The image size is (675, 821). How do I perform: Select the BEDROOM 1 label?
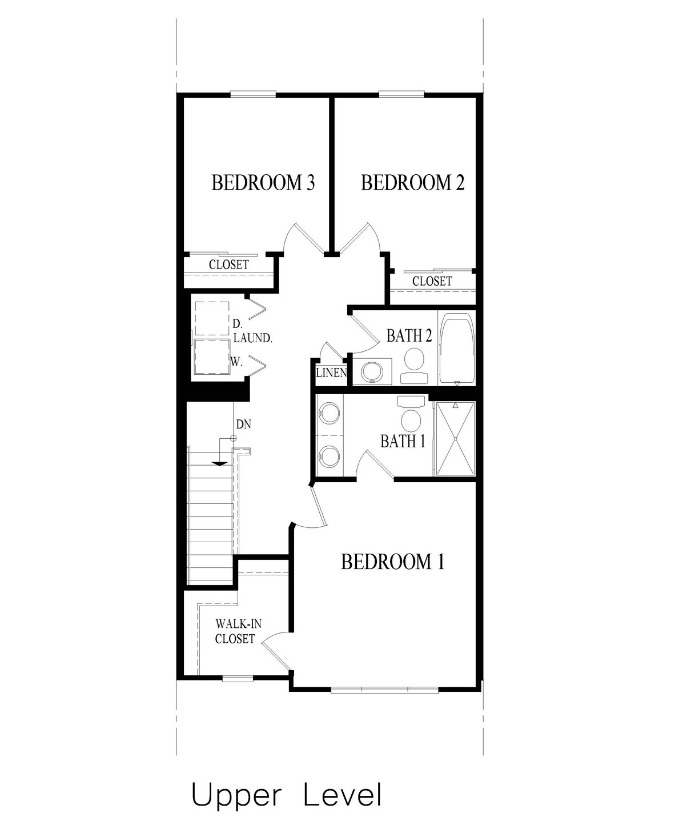click(x=392, y=562)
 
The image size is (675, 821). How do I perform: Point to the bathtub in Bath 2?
click(x=457, y=347)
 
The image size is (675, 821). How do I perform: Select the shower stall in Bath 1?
click(x=455, y=438)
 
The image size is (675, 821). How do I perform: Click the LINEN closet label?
click(x=331, y=374)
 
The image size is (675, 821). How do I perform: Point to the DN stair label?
click(x=243, y=424)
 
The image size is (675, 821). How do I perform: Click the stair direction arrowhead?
click(x=218, y=463)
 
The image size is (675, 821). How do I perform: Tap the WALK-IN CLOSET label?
click(x=235, y=631)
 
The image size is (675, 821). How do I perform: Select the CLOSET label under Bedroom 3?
click(x=228, y=265)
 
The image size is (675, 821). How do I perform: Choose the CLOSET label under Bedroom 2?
click(x=432, y=281)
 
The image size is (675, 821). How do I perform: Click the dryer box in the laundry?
click(x=212, y=318)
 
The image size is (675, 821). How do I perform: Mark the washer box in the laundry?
click(x=212, y=357)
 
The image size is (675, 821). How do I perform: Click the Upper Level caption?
click(x=286, y=796)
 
